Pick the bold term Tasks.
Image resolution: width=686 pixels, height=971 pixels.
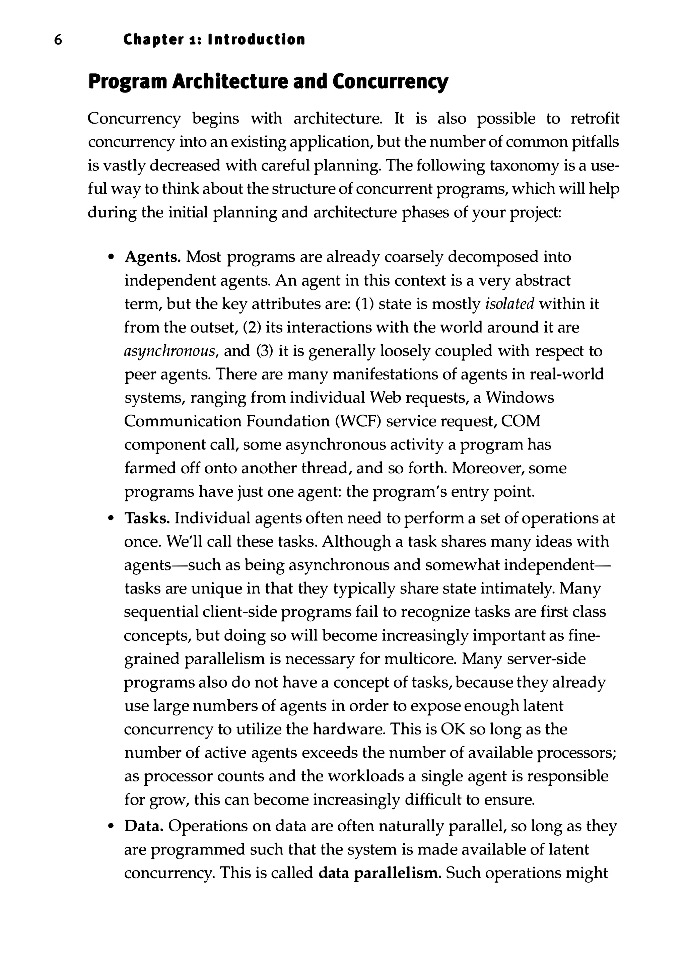(x=147, y=518)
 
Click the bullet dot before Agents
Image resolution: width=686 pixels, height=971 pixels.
(x=111, y=258)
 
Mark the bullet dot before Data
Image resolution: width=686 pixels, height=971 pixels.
(x=111, y=826)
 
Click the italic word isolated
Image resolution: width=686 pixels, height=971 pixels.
(x=509, y=304)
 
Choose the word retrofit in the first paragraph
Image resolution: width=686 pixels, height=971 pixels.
(x=595, y=119)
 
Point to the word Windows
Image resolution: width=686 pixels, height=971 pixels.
(x=520, y=398)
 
